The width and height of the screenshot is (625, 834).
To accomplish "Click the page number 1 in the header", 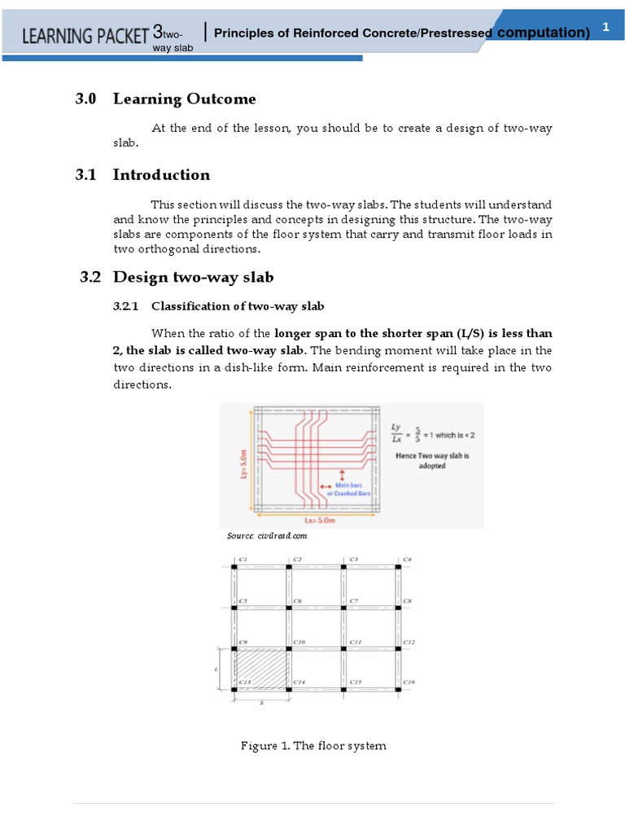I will coord(605,28).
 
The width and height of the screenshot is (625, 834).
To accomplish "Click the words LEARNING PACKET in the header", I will coord(86,35).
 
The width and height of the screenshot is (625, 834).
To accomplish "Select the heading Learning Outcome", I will coord(184,99).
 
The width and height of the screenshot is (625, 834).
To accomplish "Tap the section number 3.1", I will coord(85,174).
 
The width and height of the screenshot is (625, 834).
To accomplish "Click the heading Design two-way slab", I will coord(187,277).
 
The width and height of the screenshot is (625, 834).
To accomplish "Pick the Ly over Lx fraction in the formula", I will coord(396,432).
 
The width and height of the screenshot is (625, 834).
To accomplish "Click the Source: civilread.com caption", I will coord(267,536).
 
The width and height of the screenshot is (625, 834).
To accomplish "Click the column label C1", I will coord(243,560).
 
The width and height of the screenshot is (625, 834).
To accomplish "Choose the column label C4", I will coord(407,560).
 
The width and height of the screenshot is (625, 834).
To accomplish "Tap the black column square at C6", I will coord(288,607).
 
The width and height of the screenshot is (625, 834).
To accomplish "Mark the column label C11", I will coord(356,642).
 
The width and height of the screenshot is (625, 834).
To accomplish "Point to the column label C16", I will coord(409,682).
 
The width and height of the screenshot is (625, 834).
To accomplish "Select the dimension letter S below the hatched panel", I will coord(262,702).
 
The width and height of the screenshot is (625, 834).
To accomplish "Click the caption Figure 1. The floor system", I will coord(313,746).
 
